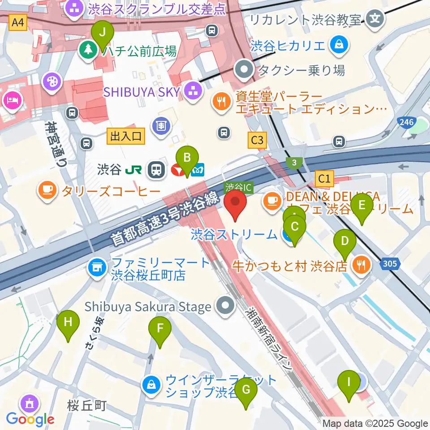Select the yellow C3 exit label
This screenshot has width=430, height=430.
click(257, 141)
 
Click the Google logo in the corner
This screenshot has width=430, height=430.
click(30, 419)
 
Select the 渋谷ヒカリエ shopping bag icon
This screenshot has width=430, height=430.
click(340, 45)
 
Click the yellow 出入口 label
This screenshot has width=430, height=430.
click(126, 136)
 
